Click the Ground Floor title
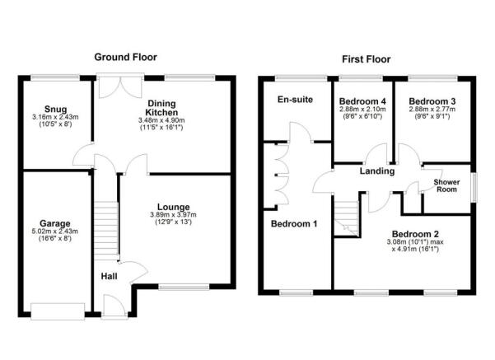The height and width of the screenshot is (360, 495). click(x=125, y=58)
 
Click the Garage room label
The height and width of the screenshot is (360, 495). click(x=55, y=223)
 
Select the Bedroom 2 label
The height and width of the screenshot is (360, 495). click(x=414, y=232)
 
